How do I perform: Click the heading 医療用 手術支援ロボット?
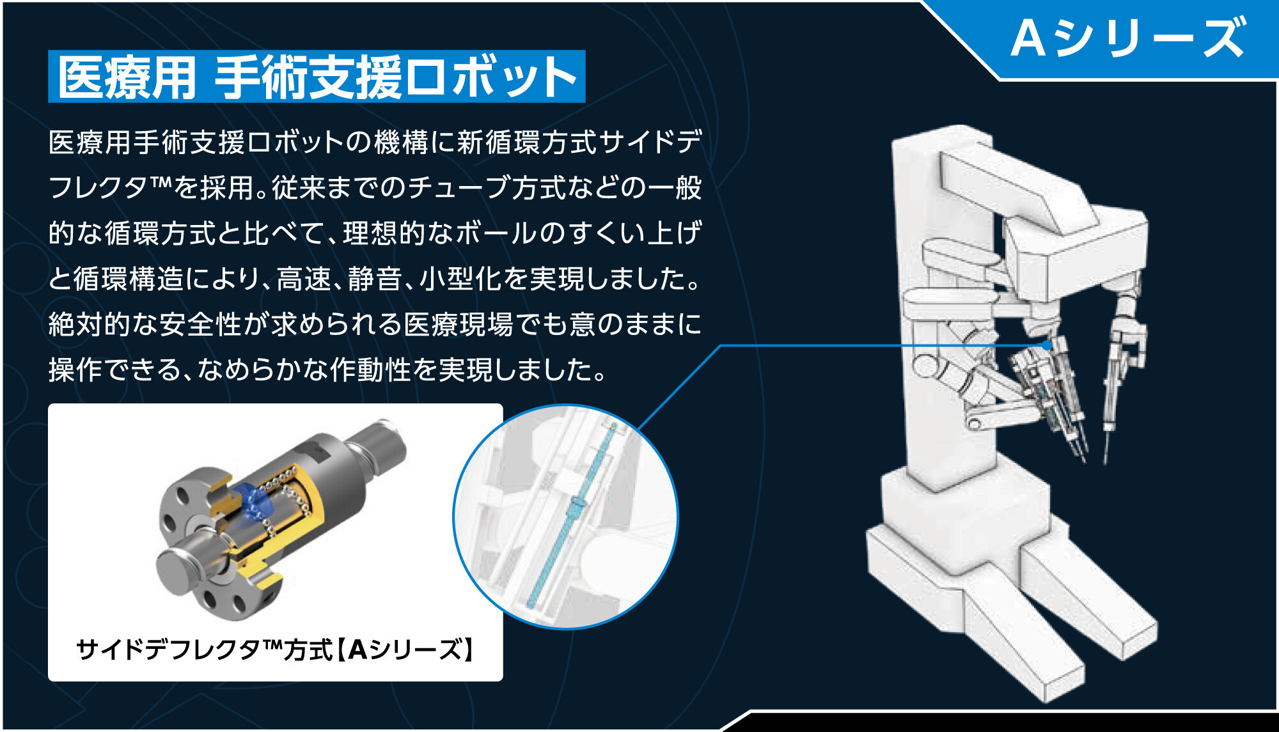tap(317, 77)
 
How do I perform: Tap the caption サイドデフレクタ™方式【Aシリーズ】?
tap(275, 650)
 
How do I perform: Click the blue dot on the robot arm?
tap(1046, 345)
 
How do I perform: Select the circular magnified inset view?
tap(565, 517)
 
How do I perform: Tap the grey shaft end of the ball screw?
tap(377, 448)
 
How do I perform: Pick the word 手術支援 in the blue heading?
tap(308, 77)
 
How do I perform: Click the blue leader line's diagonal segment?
tap(679, 387)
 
